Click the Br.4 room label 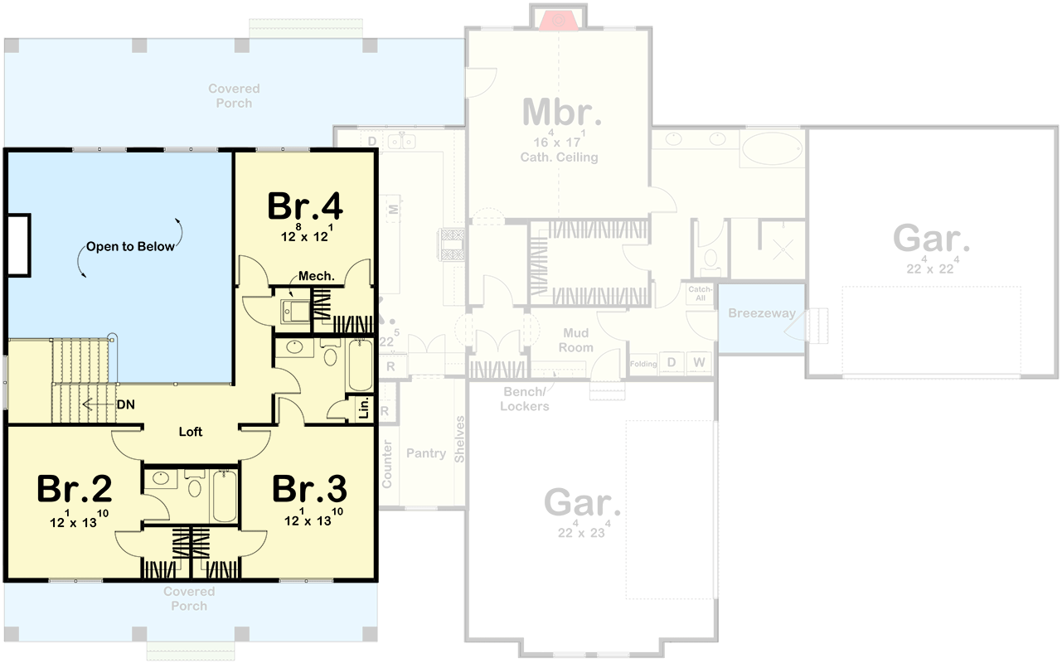click(x=305, y=207)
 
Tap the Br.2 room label click(x=75, y=490)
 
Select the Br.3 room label click(x=310, y=490)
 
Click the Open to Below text click(x=131, y=246)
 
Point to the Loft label click(x=191, y=432)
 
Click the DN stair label click(x=126, y=405)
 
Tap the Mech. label click(x=316, y=276)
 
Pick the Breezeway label click(x=761, y=313)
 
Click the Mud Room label click(x=575, y=340)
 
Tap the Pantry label click(x=426, y=453)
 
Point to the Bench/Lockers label click(x=525, y=399)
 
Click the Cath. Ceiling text click(x=559, y=157)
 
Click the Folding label click(x=643, y=364)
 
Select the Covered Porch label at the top click(x=234, y=95)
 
